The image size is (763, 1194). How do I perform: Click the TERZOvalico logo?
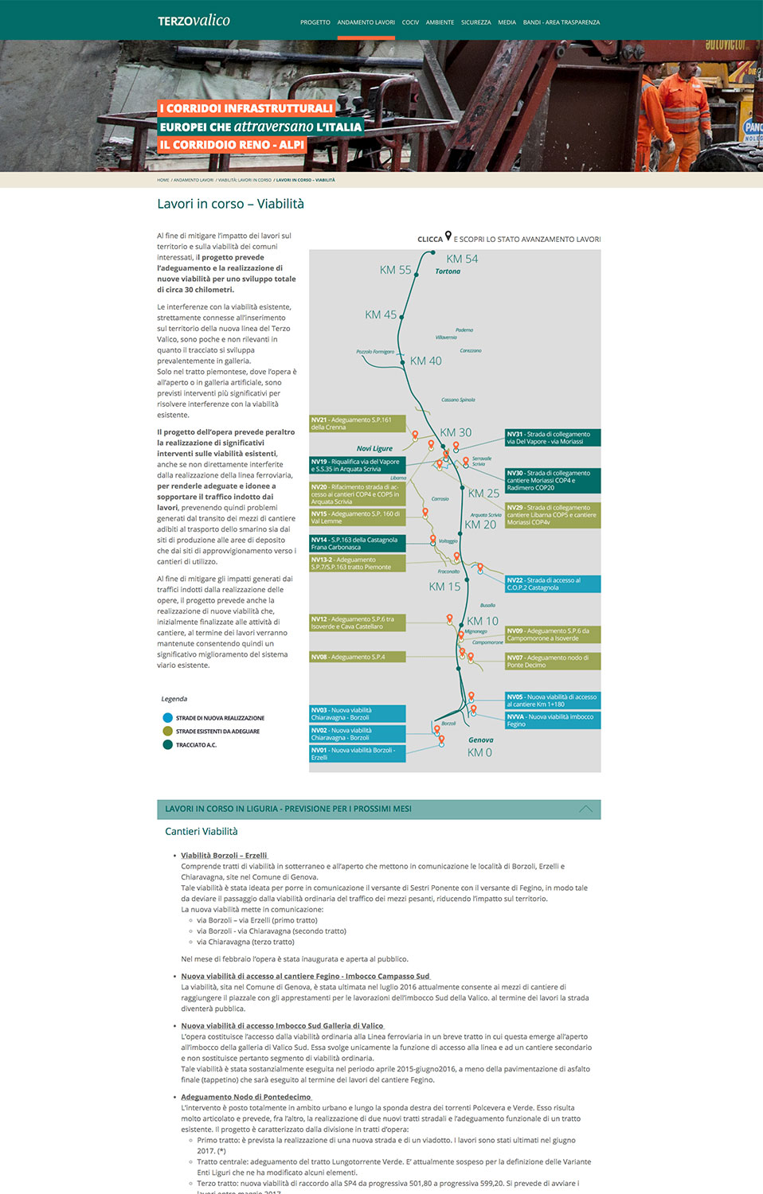[x=194, y=21]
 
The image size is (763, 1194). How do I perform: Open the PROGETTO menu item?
[x=315, y=22]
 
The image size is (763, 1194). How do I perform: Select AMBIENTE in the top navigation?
[x=440, y=22]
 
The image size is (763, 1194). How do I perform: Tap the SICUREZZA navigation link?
[x=475, y=22]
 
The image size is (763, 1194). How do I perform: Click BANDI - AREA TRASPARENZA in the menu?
[x=561, y=22]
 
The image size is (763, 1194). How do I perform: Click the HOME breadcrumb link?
[x=162, y=180]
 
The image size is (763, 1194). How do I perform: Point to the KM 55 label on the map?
[x=395, y=271]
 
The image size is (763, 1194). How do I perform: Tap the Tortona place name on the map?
[x=448, y=271]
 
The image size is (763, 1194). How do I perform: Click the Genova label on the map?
[x=480, y=740]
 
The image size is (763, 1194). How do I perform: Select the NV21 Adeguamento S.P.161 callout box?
[x=358, y=423]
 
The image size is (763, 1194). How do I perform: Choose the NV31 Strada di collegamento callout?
[x=553, y=438]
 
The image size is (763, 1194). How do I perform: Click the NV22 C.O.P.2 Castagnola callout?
[x=553, y=584]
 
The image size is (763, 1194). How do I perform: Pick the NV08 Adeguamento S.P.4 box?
[x=358, y=657]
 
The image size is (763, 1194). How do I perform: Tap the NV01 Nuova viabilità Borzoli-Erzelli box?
[x=358, y=754]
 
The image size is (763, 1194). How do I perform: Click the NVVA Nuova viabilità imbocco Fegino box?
[x=553, y=720]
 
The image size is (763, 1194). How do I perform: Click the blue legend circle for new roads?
[x=167, y=718]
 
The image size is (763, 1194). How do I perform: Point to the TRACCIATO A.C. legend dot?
[x=167, y=745]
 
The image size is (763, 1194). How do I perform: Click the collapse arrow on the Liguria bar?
[x=585, y=810]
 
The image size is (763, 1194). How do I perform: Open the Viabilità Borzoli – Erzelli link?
[x=224, y=856]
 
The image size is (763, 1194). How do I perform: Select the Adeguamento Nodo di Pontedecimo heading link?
[x=245, y=1097]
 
